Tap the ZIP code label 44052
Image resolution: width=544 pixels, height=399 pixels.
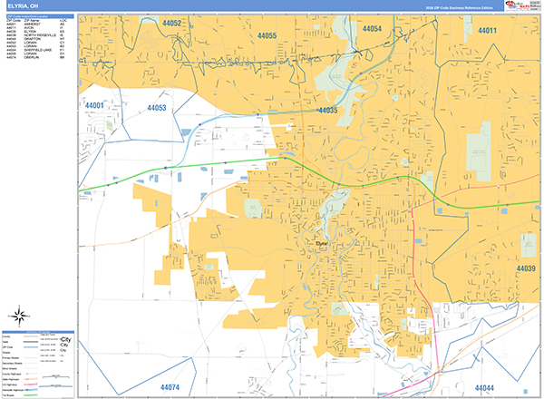(173, 23)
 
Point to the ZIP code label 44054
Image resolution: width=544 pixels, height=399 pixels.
(372, 30)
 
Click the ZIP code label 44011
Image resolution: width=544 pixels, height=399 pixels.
(488, 31)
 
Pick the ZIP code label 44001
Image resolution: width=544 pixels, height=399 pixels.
(95, 106)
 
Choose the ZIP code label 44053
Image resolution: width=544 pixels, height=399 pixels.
(156, 109)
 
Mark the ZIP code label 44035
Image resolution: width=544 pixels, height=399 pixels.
(327, 110)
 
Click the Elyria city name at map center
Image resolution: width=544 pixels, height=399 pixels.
(322, 243)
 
